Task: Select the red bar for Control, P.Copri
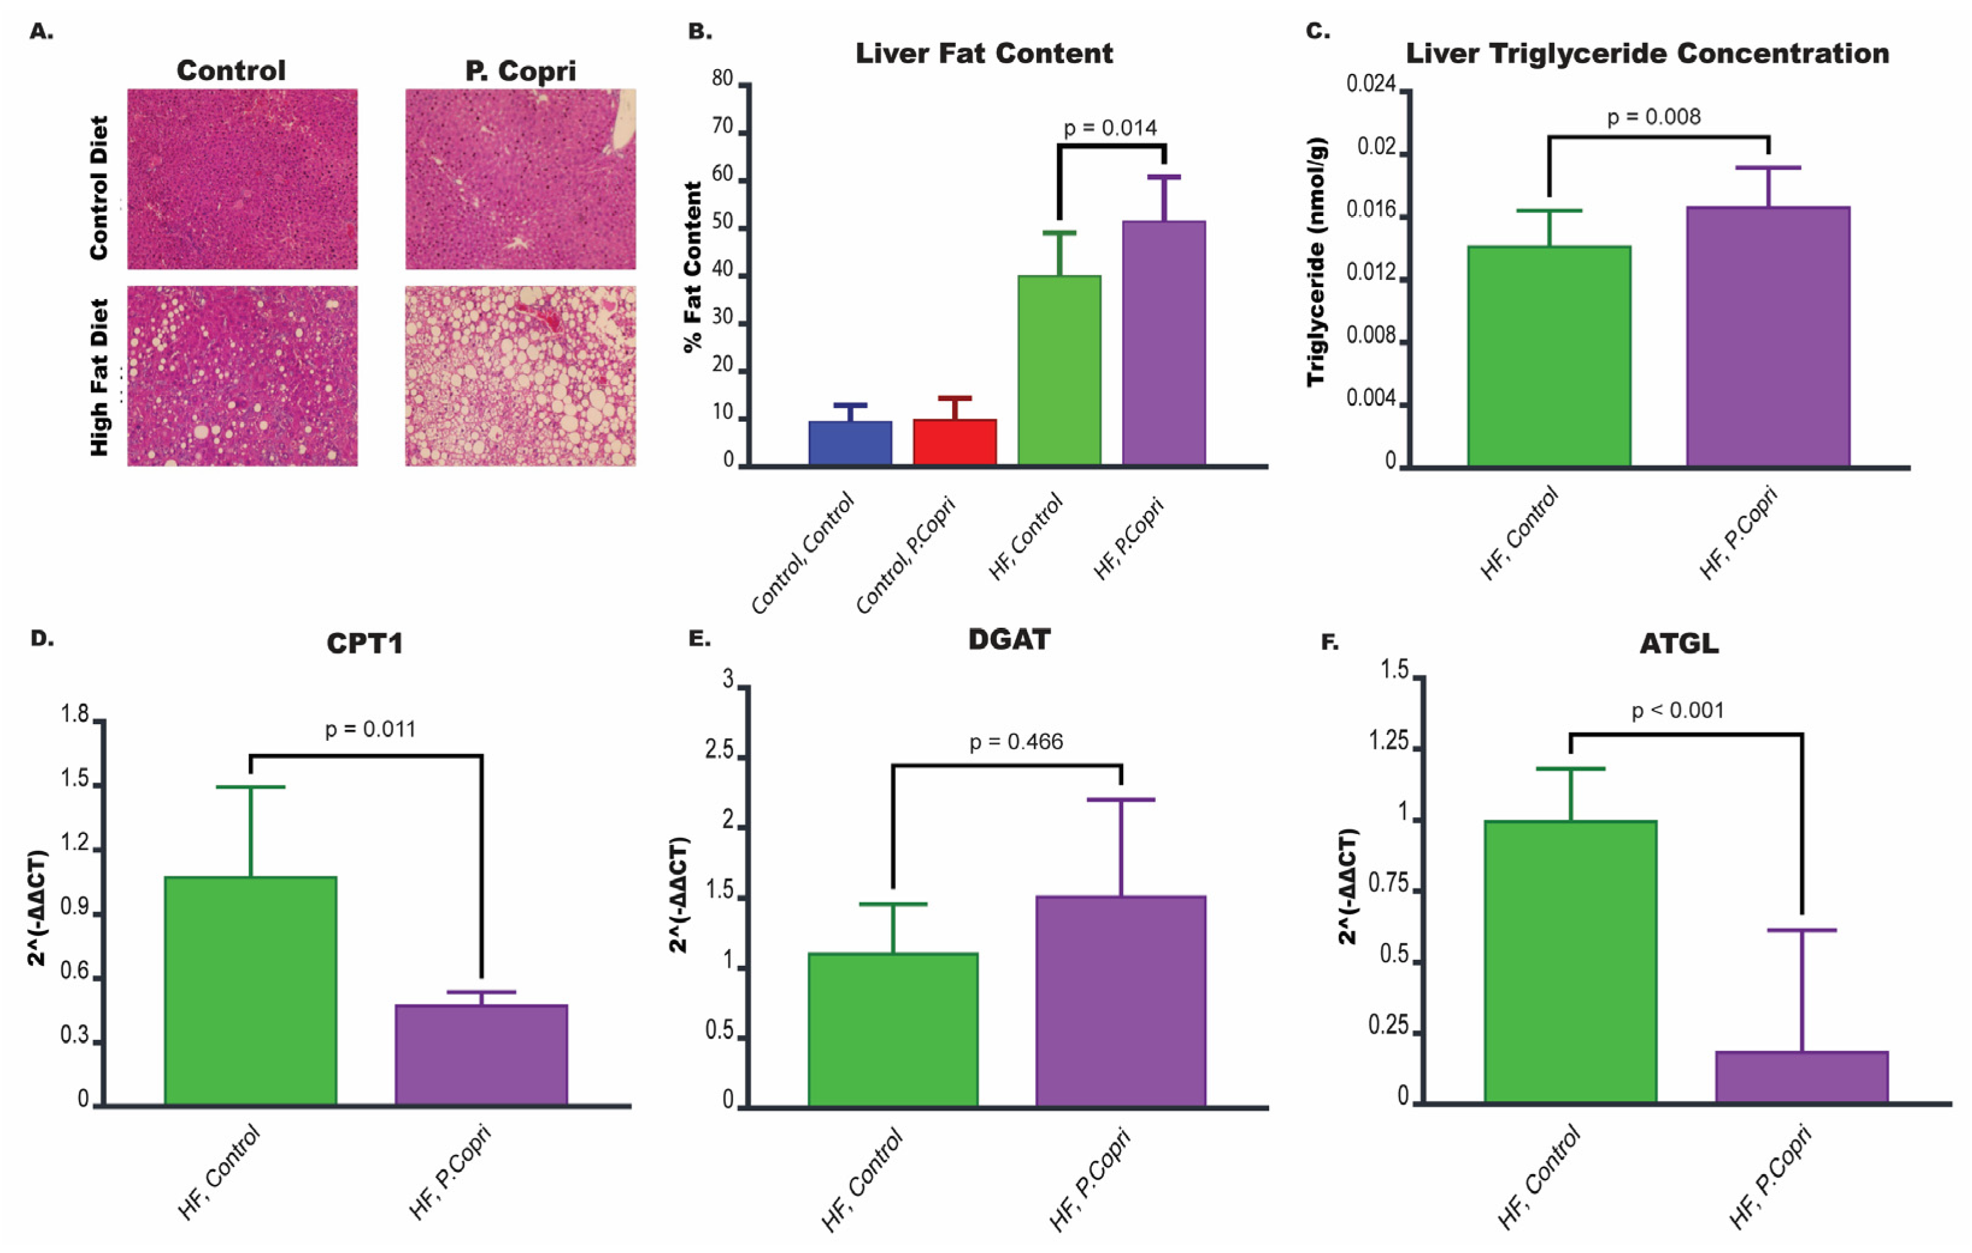pyautogui.click(x=955, y=442)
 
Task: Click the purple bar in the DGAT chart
pyautogui.click(x=1120, y=1001)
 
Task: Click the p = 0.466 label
pyautogui.click(x=1016, y=742)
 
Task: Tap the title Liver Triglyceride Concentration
pyautogui.click(x=1648, y=54)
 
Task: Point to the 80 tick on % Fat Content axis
pyautogui.click(x=722, y=79)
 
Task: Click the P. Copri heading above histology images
pyautogui.click(x=520, y=71)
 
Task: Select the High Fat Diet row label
pyautogui.click(x=100, y=377)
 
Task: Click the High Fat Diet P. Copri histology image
pyautogui.click(x=520, y=376)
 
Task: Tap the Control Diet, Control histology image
pyautogui.click(x=243, y=179)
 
